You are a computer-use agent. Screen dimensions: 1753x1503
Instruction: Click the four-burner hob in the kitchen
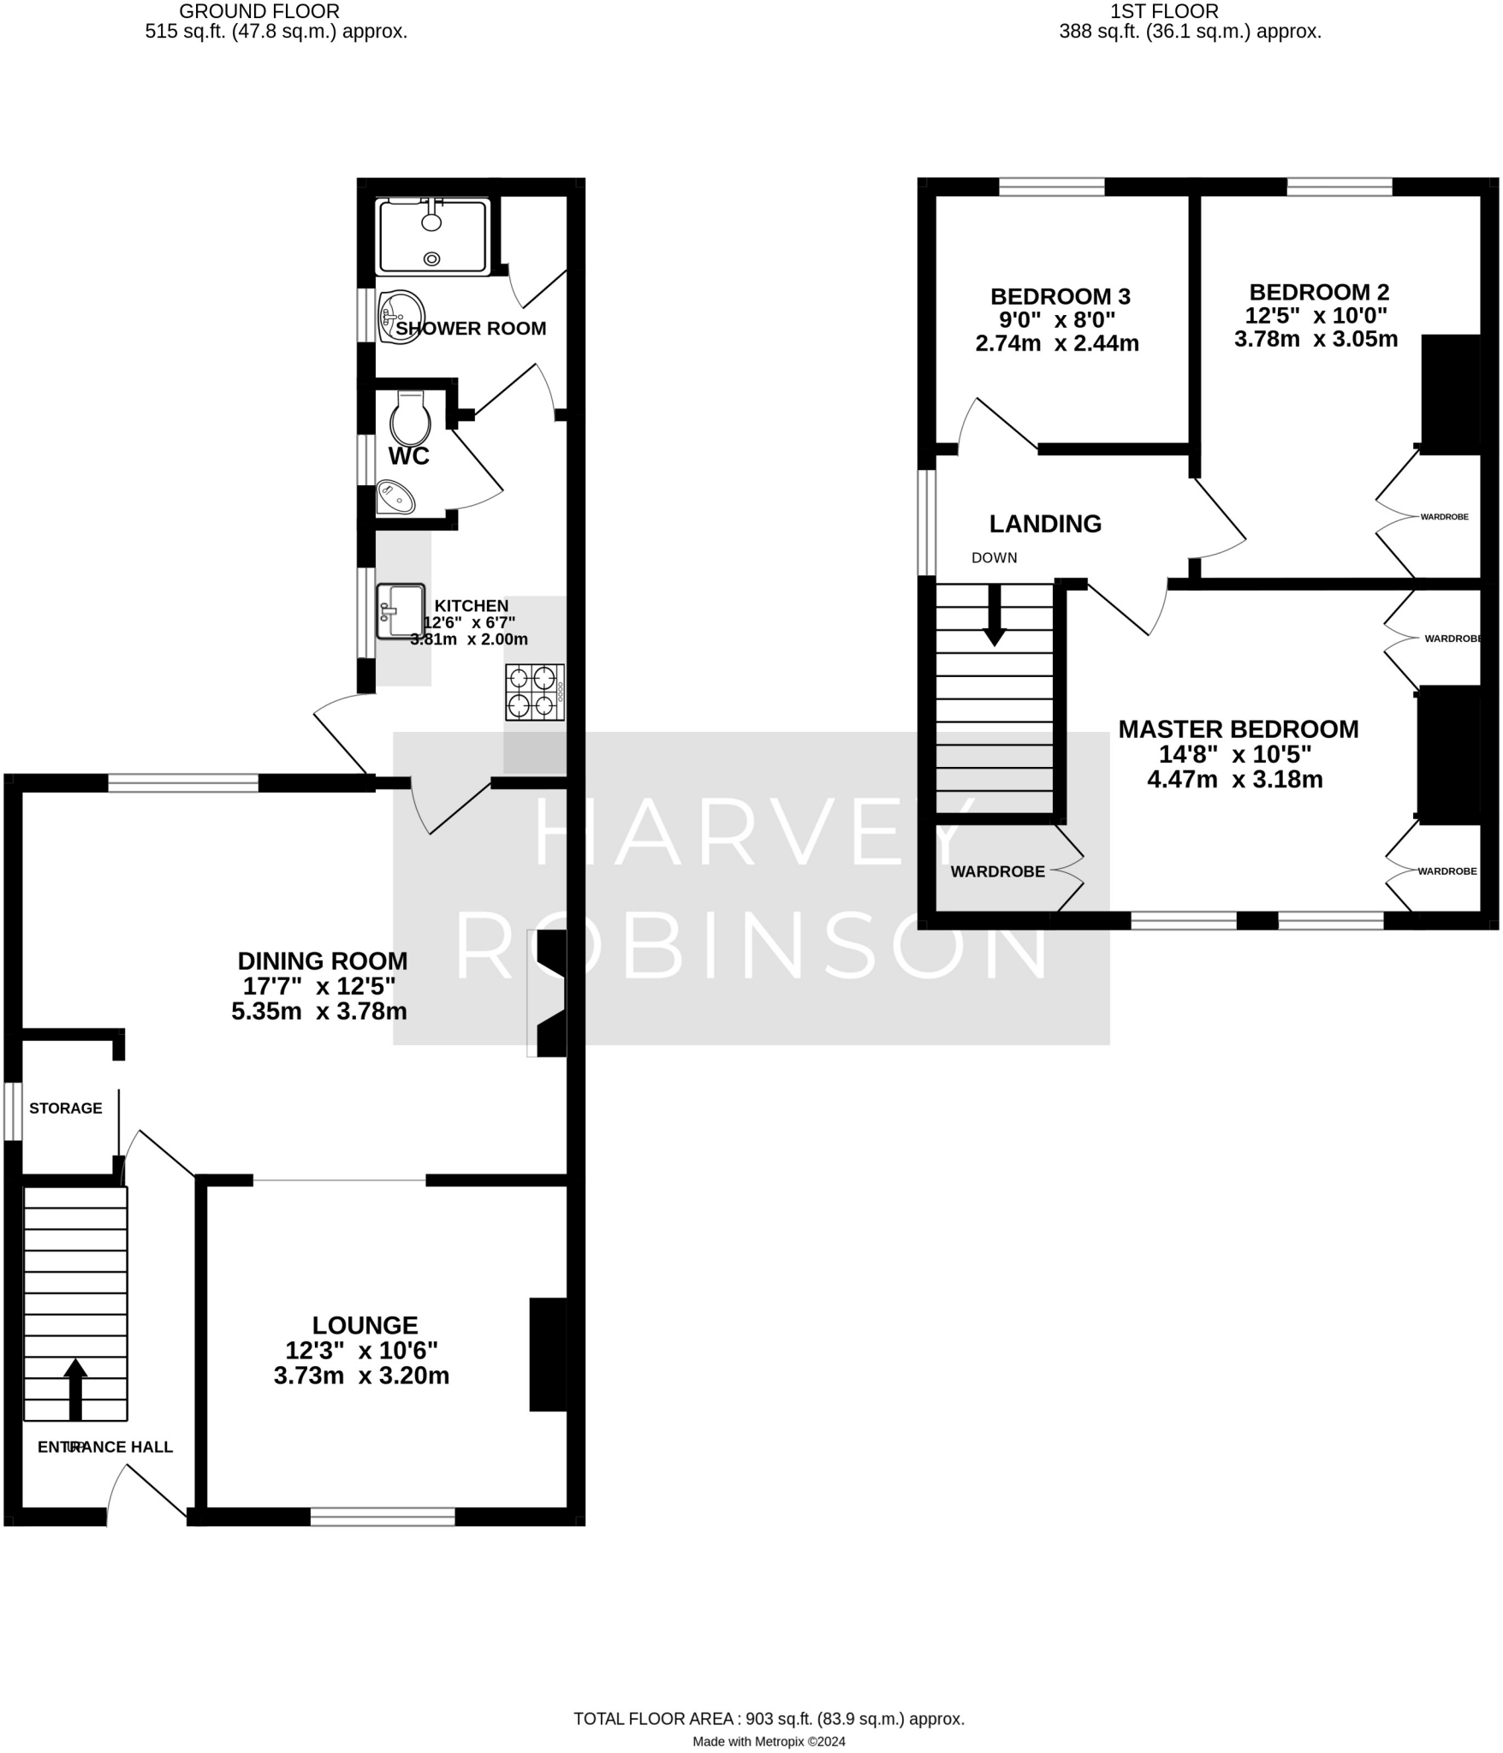534,692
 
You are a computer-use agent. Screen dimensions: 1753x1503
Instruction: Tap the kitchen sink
401,611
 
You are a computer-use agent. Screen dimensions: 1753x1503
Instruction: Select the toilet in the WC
410,419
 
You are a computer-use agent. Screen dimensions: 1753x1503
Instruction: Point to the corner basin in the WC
394,497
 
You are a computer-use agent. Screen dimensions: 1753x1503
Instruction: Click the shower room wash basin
401,317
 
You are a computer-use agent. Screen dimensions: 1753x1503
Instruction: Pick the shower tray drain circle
432,258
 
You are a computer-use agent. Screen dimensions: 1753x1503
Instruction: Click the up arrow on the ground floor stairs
75,1389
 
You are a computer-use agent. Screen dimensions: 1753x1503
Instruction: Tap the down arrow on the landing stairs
994,615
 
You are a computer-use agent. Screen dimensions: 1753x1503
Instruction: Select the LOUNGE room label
365,1325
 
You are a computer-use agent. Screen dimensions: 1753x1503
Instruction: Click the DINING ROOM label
323,960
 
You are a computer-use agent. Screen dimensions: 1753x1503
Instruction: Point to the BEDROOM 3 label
1060,297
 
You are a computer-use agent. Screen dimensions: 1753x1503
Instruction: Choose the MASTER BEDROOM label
1238,729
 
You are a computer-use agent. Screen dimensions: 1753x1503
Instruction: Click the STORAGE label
66,1108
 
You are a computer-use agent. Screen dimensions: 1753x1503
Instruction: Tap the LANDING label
1045,524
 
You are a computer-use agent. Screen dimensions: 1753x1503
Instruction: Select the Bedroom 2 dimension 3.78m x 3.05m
1316,339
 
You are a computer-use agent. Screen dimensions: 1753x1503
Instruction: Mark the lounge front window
383,1517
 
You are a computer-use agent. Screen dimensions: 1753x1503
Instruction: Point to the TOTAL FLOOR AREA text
769,1719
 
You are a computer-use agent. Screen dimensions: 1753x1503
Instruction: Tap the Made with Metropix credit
769,1741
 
